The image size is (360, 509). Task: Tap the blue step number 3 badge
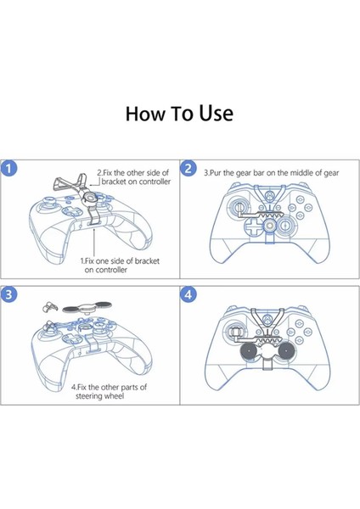[x=9, y=294]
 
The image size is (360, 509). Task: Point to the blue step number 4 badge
[x=188, y=294]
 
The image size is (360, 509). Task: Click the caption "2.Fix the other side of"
[x=133, y=171]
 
